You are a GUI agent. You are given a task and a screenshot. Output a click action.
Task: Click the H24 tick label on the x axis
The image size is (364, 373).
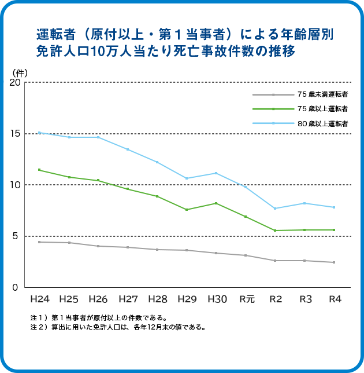tap(40, 299)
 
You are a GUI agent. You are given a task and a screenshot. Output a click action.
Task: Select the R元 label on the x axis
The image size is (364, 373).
tap(247, 299)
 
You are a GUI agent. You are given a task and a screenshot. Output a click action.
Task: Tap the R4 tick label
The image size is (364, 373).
tap(335, 299)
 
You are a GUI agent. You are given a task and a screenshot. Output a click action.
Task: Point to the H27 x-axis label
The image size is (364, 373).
tap(128, 299)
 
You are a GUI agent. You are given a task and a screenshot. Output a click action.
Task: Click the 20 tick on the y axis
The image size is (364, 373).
tap(15, 83)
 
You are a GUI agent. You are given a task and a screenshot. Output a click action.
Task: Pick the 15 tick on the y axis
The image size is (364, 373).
tap(15, 134)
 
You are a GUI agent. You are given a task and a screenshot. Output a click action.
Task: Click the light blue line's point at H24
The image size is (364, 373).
tap(39, 133)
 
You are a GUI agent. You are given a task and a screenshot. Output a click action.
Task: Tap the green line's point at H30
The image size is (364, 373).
tap(216, 203)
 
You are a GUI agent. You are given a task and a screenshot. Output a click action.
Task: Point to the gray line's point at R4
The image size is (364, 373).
tap(334, 262)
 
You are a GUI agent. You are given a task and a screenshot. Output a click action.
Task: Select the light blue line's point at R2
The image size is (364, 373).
tap(275, 209)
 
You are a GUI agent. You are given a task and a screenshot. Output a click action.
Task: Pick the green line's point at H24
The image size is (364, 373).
tap(39, 170)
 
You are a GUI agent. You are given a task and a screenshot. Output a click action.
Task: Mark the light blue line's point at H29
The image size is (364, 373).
tap(187, 178)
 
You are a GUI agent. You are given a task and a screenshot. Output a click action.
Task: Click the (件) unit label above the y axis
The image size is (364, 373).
tap(20, 72)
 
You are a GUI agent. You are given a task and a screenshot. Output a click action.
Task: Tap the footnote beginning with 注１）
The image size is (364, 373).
tap(98, 318)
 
